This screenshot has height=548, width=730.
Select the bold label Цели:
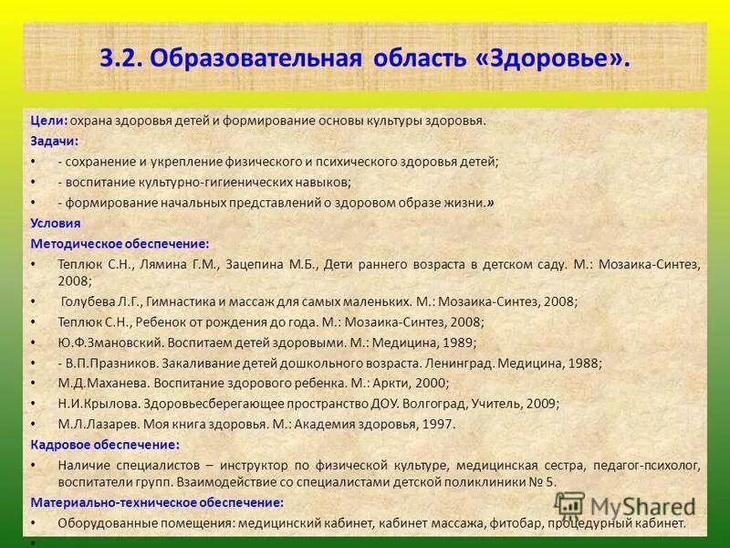[x=48, y=121]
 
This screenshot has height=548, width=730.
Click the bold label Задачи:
[x=55, y=141]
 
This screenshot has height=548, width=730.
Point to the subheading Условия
[x=56, y=223]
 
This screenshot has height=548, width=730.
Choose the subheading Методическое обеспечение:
[x=120, y=244]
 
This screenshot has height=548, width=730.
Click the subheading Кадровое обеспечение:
[x=105, y=445]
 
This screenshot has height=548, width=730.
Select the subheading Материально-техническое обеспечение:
[x=157, y=502]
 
